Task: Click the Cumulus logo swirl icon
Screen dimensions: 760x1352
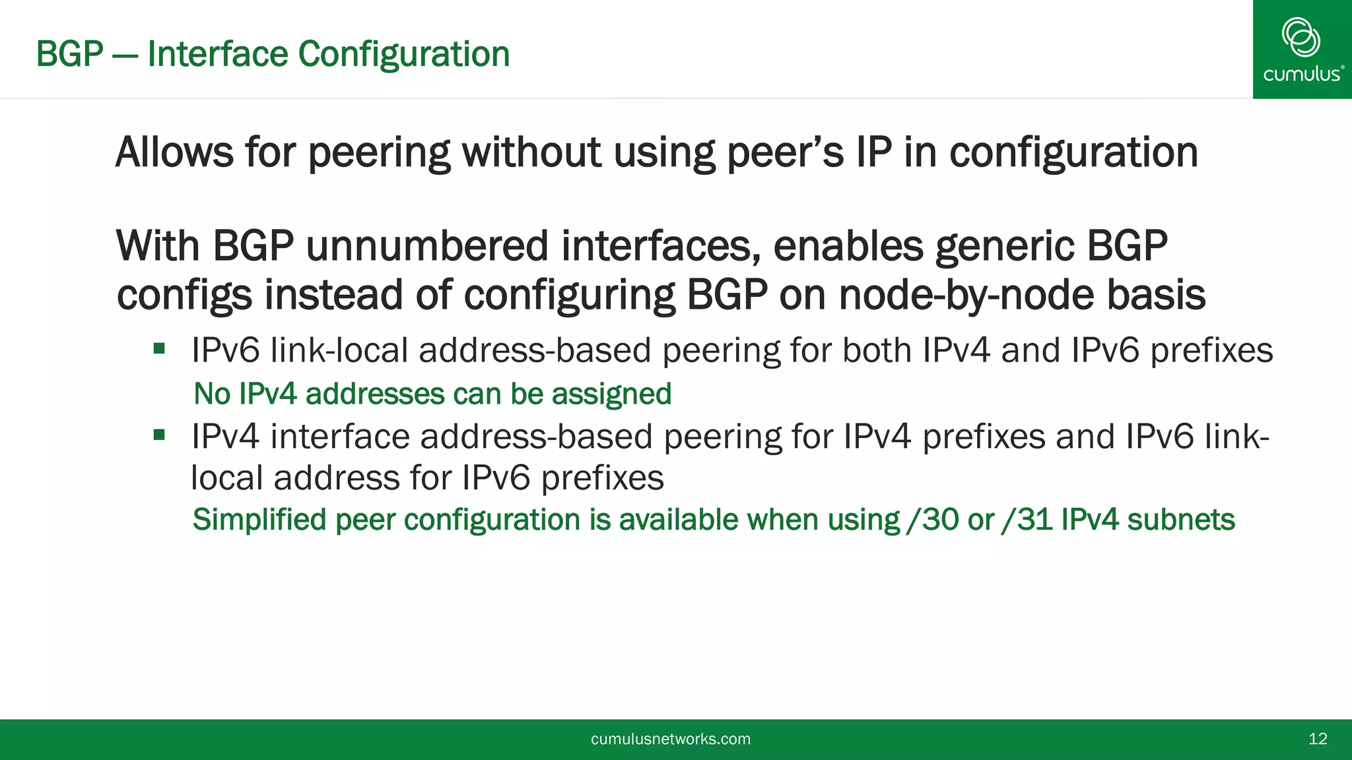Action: [x=1301, y=37]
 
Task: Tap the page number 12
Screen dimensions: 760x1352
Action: [x=1318, y=739]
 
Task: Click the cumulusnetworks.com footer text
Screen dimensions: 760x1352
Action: [x=671, y=739]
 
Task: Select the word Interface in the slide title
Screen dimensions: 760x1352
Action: [x=217, y=54]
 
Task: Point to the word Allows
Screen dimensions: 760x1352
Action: [x=174, y=152]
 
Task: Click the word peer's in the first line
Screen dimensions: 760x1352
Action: [x=785, y=152]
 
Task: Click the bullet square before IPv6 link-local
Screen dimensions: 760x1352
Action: [x=159, y=348]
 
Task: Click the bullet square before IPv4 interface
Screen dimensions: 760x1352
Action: [x=159, y=435]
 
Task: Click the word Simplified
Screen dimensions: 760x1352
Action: [x=259, y=520]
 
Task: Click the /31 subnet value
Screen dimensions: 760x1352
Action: [x=1027, y=520]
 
